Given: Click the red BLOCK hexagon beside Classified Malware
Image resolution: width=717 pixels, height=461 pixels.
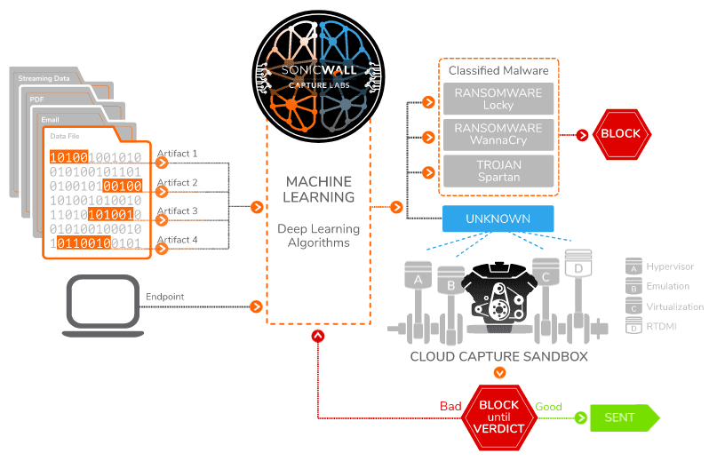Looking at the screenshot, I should pos(620,134).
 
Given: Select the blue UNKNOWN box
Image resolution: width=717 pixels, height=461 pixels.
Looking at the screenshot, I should pos(498,219).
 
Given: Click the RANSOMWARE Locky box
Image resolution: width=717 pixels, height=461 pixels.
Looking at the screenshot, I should pos(498,99).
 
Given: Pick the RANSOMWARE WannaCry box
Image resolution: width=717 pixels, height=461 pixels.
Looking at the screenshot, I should pos(498,135).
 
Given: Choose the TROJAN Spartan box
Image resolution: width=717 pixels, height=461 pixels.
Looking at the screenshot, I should pos(498,171).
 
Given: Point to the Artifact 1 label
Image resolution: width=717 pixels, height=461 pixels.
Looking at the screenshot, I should pos(177,154).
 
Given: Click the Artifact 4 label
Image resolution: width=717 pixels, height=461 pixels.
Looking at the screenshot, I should pos(177,240).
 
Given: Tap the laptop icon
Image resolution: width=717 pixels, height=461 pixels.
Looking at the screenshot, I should pos(103,306).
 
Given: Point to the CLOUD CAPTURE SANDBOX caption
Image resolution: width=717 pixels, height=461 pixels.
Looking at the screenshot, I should pos(498,356).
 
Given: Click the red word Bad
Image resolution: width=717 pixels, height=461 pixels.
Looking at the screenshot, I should pos(450,407).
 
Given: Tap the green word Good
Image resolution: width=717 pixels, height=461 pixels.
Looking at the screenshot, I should pos(548,407).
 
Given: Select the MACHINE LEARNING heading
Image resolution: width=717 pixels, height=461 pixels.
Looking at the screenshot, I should pos(318,189).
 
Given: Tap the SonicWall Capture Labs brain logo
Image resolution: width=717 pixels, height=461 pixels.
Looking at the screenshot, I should pos(318,71).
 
